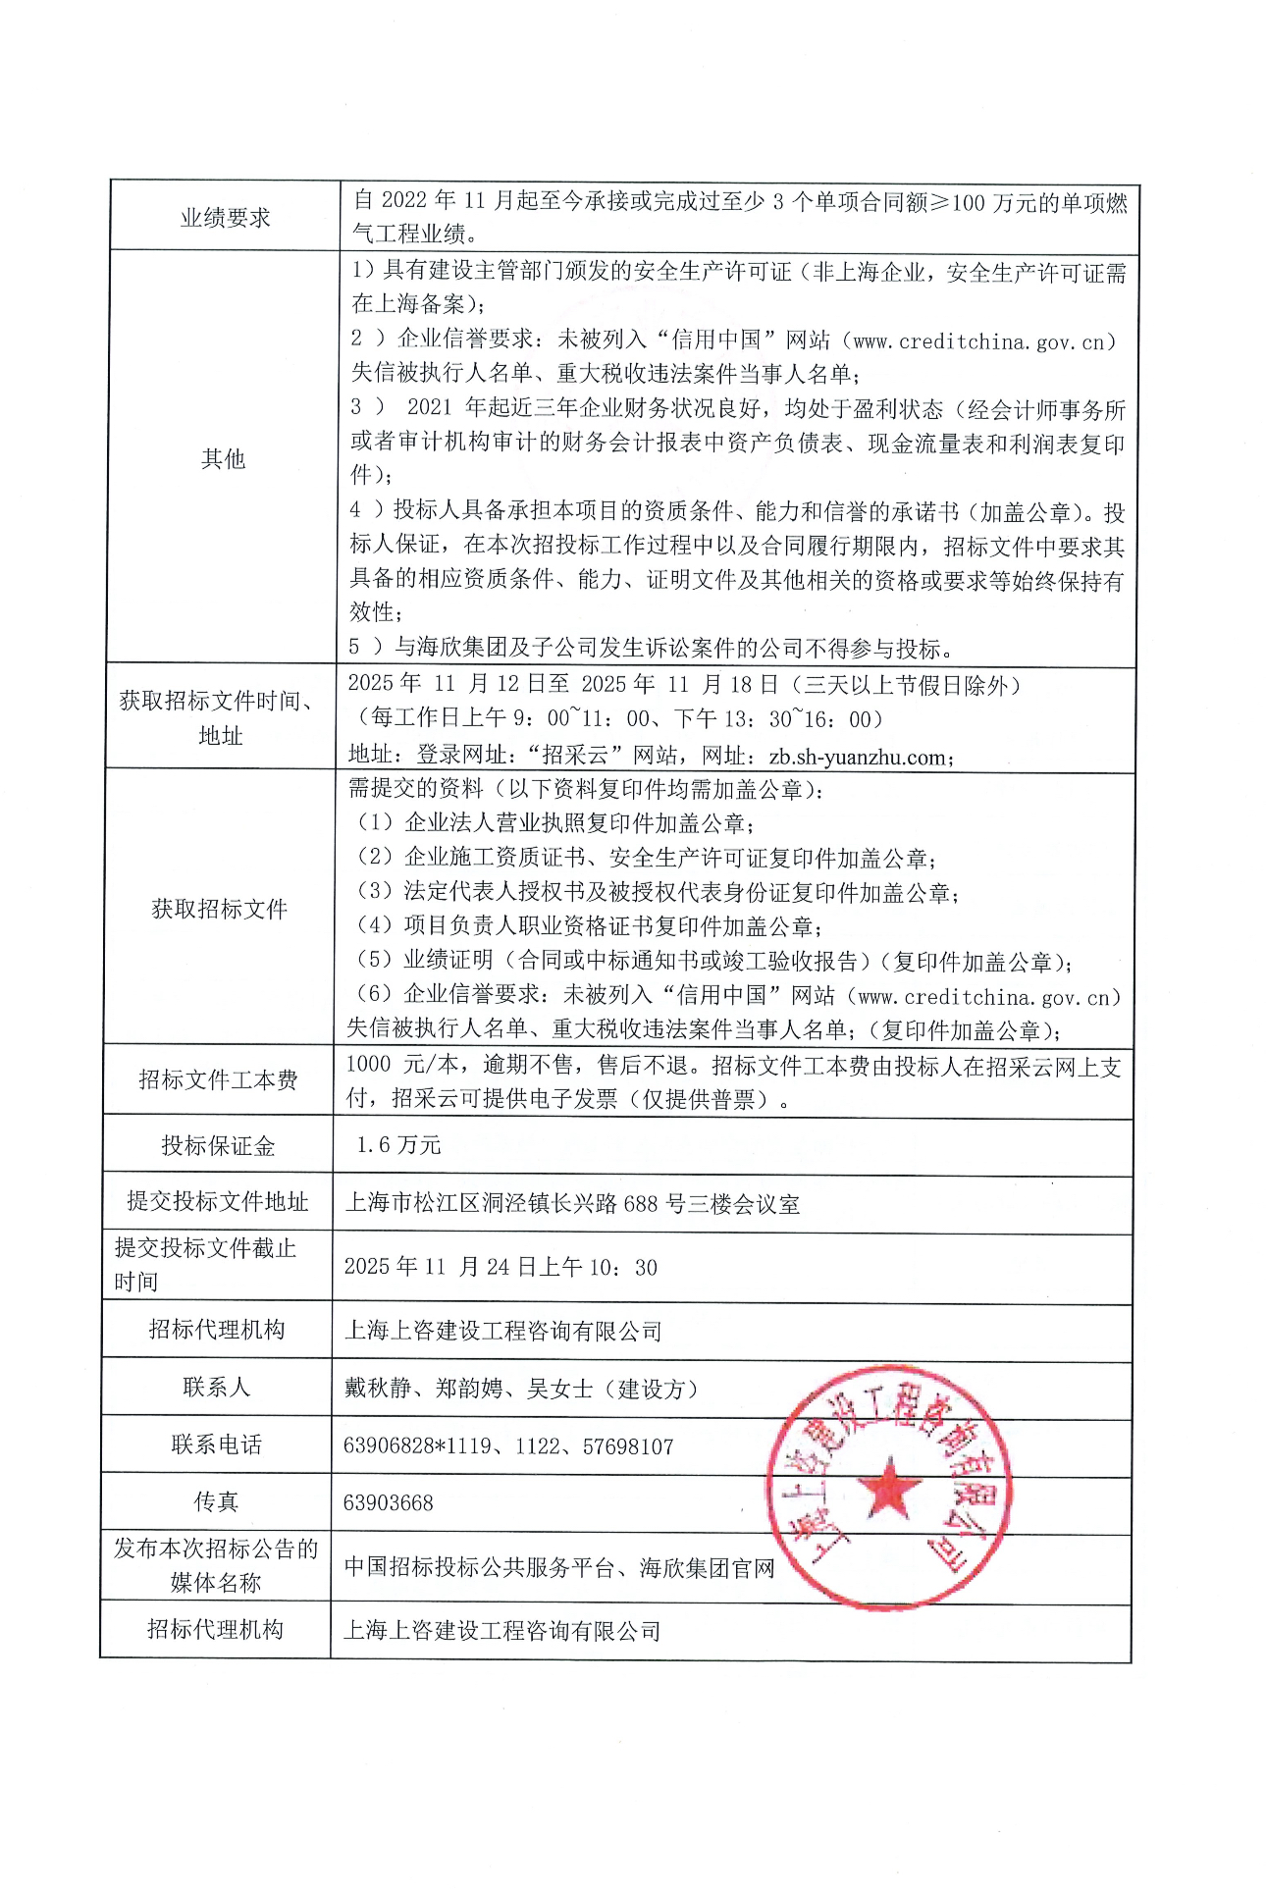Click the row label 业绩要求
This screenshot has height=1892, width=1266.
[225, 218]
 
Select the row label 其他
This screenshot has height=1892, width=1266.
[223, 458]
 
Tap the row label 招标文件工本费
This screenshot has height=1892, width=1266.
[218, 1079]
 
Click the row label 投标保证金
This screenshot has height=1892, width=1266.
[218, 1145]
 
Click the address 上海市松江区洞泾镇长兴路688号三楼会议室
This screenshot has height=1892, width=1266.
[572, 1203]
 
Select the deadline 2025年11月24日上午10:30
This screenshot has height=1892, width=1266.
[501, 1267]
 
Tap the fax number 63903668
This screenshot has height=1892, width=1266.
[389, 1502]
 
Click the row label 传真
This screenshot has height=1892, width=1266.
[216, 1501]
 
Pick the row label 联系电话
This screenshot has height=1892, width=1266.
[216, 1445]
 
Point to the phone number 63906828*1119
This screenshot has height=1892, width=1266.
[417, 1445]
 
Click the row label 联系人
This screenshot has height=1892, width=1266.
[216, 1387]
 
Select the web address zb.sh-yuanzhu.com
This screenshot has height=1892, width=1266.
[859, 757]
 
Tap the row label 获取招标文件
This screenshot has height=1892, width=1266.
[219, 909]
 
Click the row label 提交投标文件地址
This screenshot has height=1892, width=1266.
[217, 1201]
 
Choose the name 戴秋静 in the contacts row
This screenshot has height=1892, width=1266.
[378, 1389]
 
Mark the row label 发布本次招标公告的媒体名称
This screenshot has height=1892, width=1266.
[216, 1565]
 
